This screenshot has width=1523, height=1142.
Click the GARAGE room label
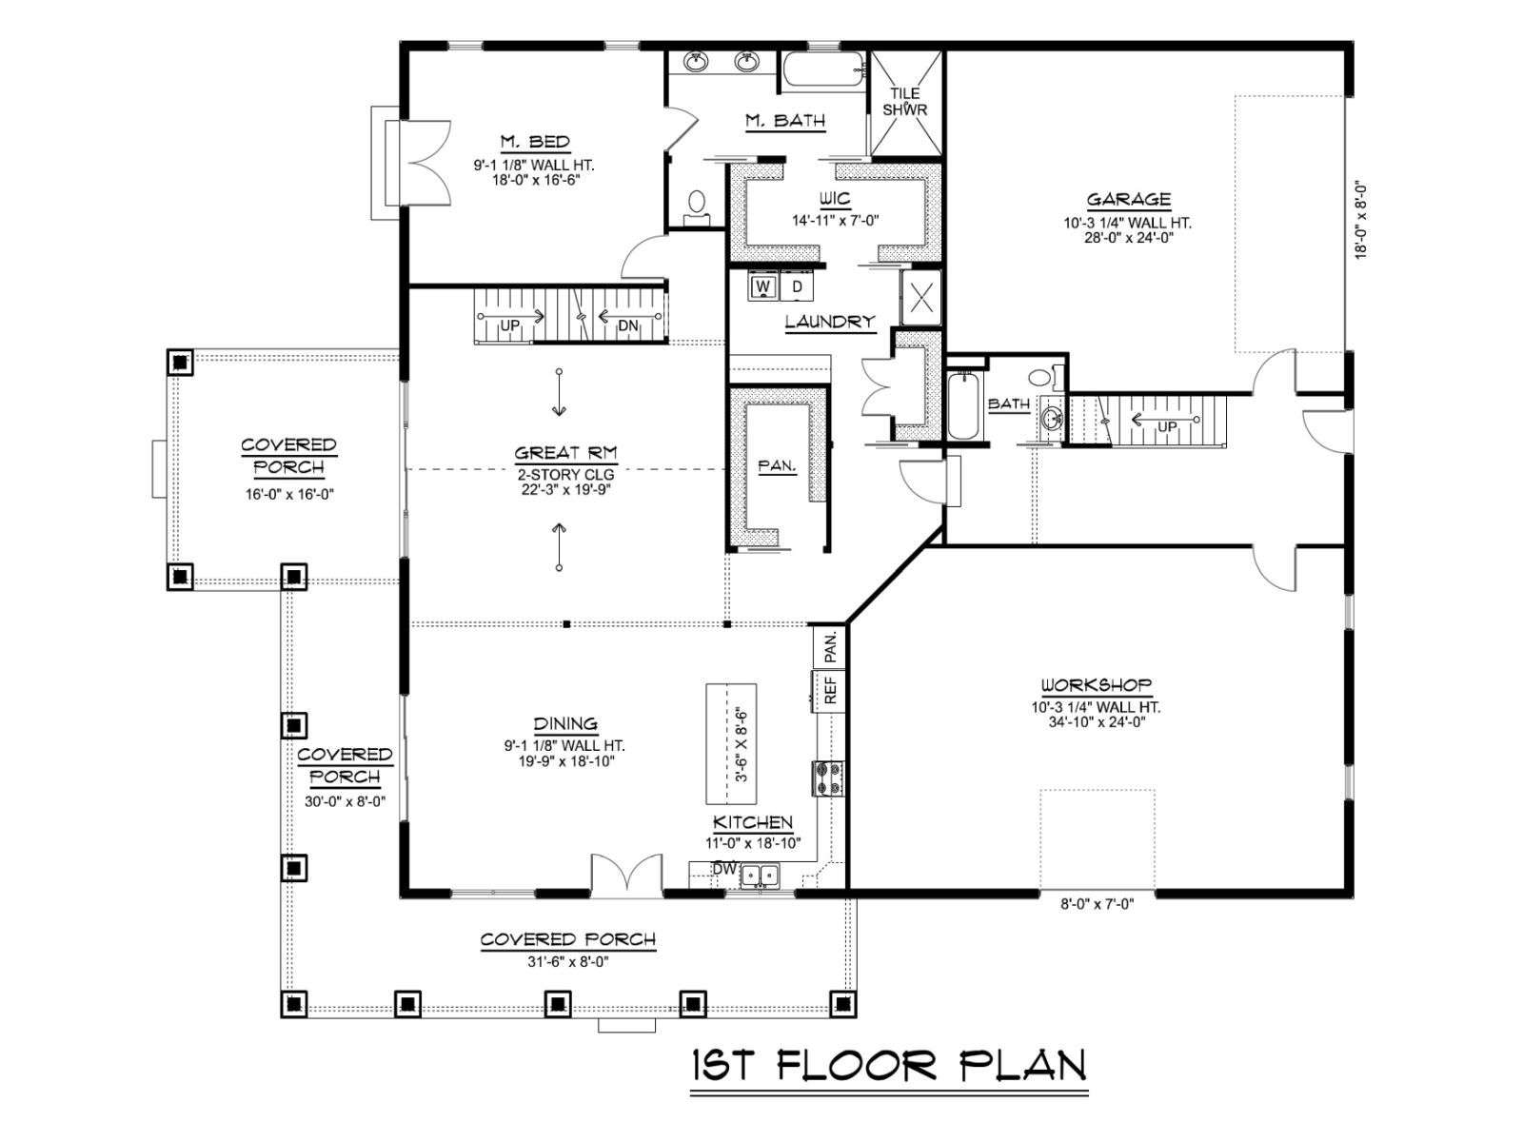point(1128,200)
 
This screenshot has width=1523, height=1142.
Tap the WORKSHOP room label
point(1097,686)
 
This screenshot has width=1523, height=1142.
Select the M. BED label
point(535,142)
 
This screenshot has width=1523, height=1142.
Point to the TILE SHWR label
point(905,101)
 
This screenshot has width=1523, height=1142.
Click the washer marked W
point(763,285)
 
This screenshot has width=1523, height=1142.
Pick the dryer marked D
point(798,285)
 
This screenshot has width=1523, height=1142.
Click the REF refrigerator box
point(830,690)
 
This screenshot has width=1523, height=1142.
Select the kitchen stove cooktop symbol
point(828,778)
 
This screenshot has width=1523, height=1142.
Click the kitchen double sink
point(761,876)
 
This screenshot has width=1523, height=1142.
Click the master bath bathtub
point(823,69)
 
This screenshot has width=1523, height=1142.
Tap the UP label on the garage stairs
point(1167,427)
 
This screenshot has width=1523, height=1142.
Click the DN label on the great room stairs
point(627,325)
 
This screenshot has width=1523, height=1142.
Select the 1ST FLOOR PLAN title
point(889,1065)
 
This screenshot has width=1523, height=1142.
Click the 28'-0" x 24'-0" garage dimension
point(1128,238)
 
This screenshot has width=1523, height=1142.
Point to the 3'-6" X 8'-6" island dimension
point(741,745)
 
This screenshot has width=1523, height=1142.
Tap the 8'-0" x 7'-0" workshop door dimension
point(1097,904)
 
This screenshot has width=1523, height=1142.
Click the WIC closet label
point(835,199)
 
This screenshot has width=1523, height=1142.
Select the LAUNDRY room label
point(830,322)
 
